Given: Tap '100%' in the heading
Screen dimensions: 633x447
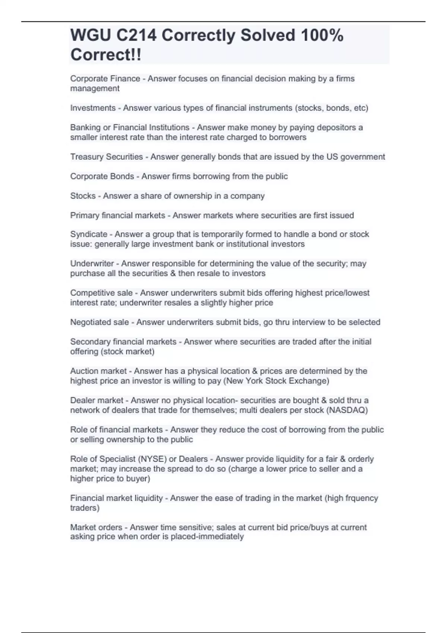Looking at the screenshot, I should [x=322, y=35].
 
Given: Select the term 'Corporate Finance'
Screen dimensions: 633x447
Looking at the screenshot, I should [x=105, y=79].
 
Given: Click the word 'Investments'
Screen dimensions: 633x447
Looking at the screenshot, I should [x=93, y=108].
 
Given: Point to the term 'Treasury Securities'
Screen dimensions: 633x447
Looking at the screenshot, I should [x=107, y=157].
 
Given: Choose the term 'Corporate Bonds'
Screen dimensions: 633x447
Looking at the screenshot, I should [x=102, y=176].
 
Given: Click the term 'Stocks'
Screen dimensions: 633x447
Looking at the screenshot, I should [x=83, y=196].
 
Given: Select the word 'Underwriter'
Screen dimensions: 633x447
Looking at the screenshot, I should [x=92, y=264].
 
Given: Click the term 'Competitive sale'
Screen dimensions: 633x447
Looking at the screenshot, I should [x=101, y=293].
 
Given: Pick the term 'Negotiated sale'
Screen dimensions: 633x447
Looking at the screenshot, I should [x=99, y=322].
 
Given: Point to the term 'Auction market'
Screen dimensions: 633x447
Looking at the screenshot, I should [x=98, y=371].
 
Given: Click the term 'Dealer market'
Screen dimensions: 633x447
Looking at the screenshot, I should [x=96, y=400].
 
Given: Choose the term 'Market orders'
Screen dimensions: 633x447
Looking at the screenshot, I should [x=96, y=527].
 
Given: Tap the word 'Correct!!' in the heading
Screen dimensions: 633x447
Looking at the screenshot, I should [x=106, y=55].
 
